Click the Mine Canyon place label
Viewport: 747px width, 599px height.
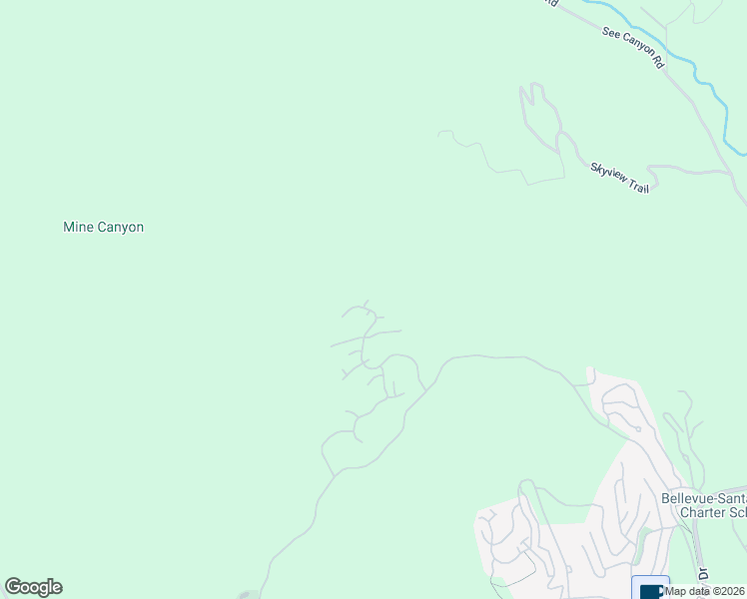103,227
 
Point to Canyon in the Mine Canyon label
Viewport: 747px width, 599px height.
120,227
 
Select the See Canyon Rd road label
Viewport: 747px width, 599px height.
633,47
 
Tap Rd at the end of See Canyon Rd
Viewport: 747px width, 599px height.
657,62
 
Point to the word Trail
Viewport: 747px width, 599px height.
637,185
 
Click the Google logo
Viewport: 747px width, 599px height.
33,587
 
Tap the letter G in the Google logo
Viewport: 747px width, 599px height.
13,587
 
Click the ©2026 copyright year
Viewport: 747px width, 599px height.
727,591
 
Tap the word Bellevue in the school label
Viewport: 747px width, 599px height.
688,497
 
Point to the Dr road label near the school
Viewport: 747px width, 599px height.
702,577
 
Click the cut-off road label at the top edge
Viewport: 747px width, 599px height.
548,3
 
